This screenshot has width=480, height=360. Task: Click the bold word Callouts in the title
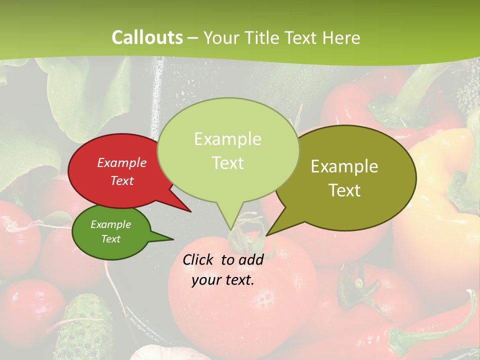pos(147,37)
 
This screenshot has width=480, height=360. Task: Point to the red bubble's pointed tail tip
pos(190,211)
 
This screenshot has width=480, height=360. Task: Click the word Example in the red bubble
pos(121,162)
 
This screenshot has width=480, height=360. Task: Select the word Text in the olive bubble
pos(345,190)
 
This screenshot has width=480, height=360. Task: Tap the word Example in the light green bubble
pos(227,139)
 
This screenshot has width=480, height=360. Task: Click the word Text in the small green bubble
pos(111,239)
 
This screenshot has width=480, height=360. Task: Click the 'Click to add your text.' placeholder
pos(223,269)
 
